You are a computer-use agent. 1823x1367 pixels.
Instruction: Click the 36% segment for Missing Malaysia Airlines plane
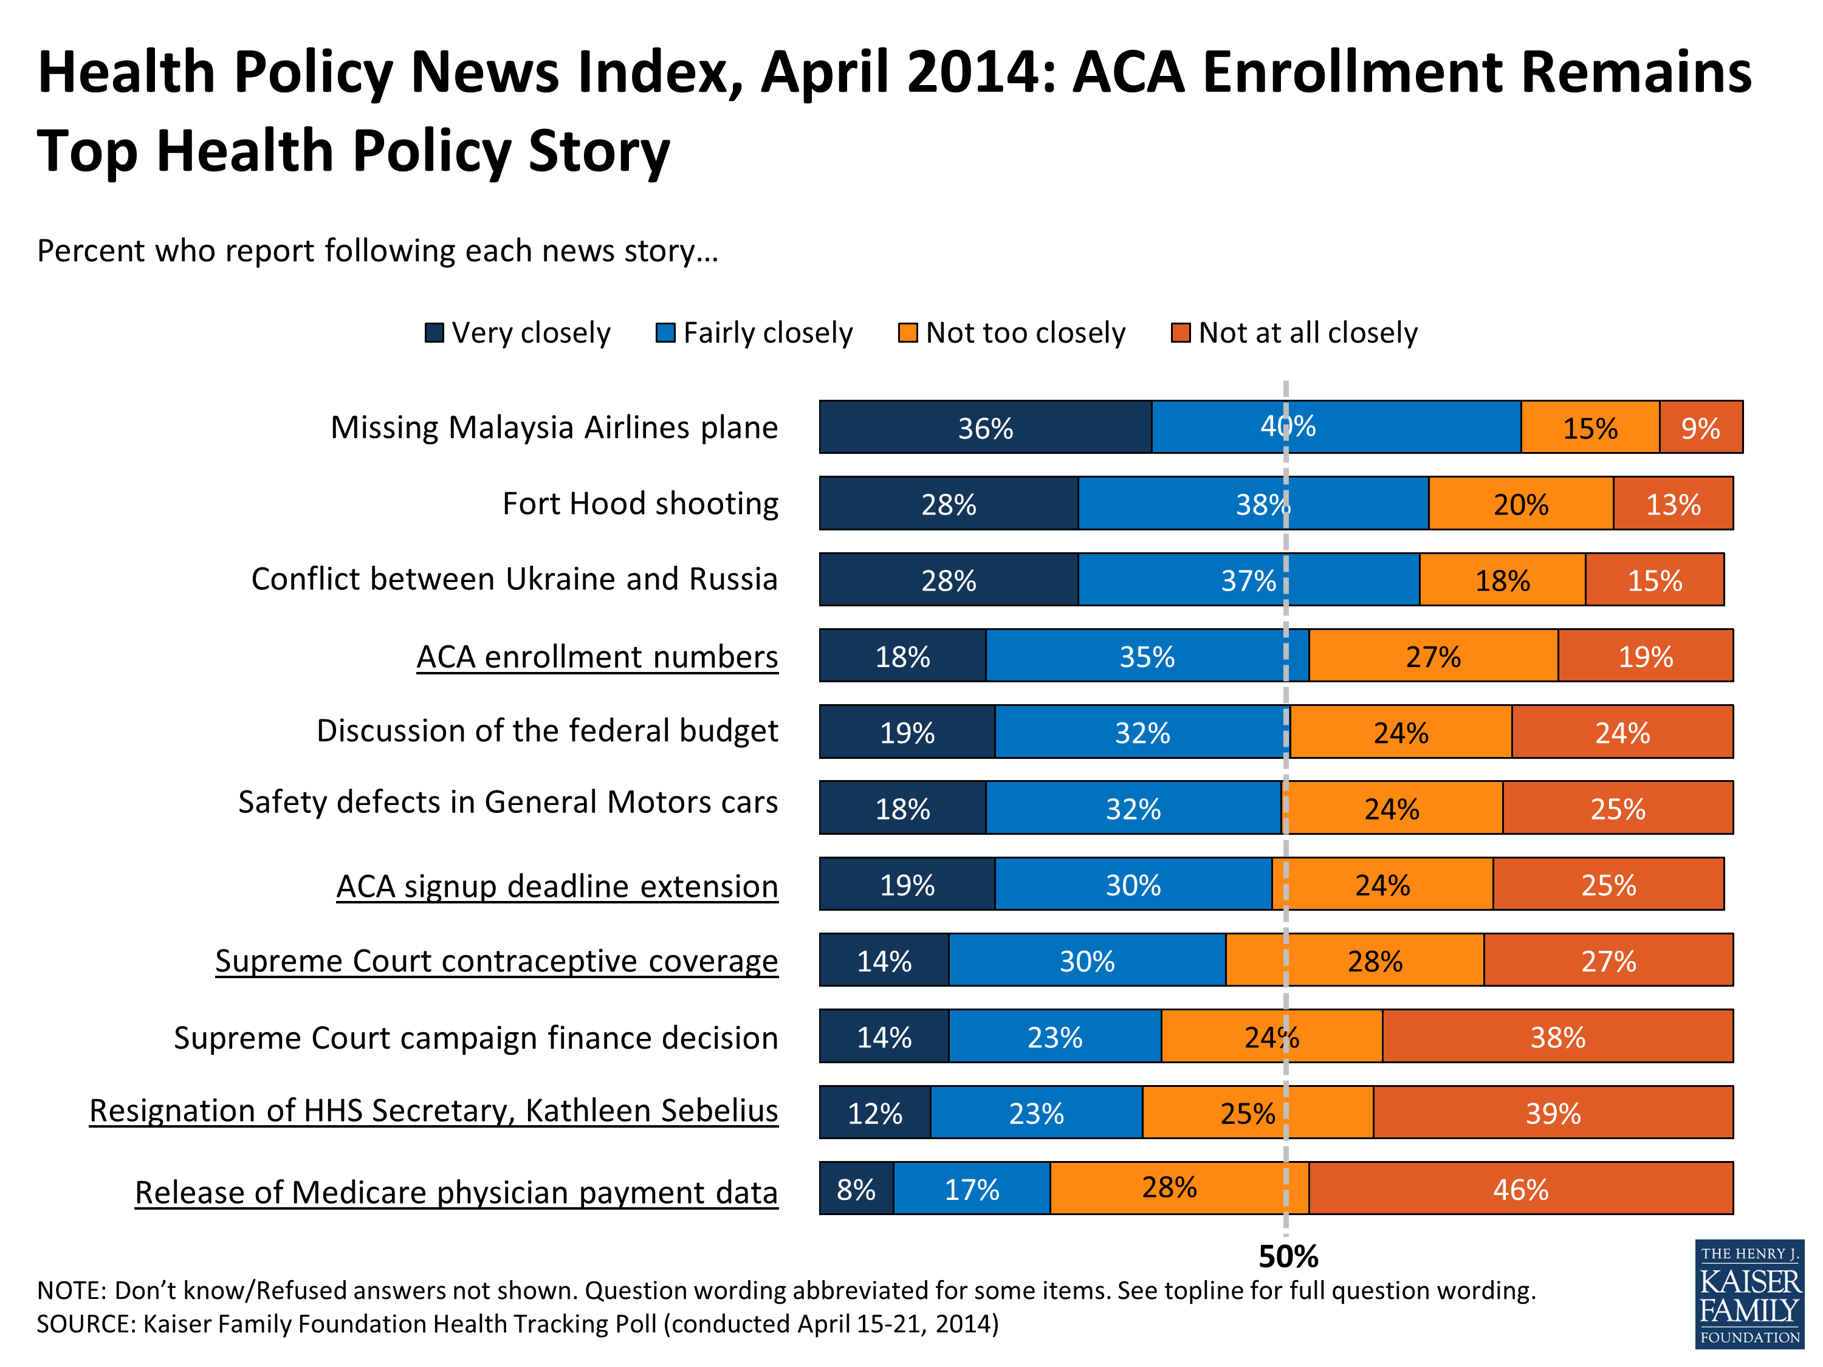[985, 427]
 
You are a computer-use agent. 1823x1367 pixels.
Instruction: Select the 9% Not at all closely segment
[1700, 427]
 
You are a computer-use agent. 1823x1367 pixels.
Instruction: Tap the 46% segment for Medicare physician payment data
[1520, 1188]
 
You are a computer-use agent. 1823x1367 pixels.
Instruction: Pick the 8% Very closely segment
[856, 1188]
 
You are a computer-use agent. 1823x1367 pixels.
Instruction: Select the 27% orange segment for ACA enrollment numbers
[1433, 656]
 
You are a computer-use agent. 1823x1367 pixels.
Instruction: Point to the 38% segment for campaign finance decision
[1557, 1036]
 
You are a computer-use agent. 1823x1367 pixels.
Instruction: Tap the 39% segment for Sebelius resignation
[1553, 1112]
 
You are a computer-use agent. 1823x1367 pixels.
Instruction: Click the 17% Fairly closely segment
[972, 1188]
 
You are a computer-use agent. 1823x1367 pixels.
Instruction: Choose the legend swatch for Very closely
[433, 333]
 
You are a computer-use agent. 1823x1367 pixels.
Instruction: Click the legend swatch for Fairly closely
[665, 333]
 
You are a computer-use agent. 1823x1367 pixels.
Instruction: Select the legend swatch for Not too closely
[907, 333]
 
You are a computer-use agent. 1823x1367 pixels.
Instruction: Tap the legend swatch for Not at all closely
[1180, 333]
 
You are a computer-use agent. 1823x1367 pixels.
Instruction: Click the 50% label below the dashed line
[1288, 1256]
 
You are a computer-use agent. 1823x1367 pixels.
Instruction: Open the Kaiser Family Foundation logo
[1749, 1293]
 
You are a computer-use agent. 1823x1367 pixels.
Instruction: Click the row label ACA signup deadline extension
[557, 886]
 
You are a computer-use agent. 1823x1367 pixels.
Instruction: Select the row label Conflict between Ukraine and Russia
[514, 579]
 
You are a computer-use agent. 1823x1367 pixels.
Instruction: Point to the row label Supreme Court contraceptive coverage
[496, 961]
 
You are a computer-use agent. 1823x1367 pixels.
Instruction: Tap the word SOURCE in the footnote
[83, 1324]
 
